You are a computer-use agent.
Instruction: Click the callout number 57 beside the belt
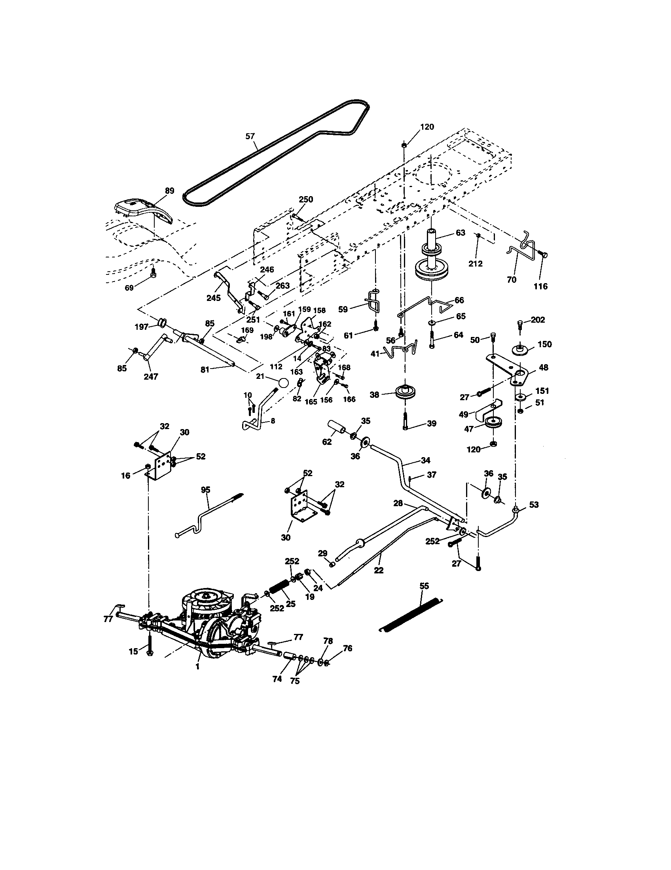coord(249,137)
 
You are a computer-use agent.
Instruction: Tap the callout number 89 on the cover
coord(169,191)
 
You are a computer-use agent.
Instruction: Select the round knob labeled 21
coord(283,383)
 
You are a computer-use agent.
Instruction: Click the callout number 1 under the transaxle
coord(198,666)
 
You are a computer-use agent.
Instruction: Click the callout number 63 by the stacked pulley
coord(460,233)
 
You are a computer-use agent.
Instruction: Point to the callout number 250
coord(306,200)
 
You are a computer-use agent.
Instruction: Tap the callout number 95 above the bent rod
coord(205,490)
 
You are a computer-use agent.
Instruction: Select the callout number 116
coord(541,286)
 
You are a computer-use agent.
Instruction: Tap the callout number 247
coord(151,376)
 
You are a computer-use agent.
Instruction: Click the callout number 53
coord(534,505)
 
